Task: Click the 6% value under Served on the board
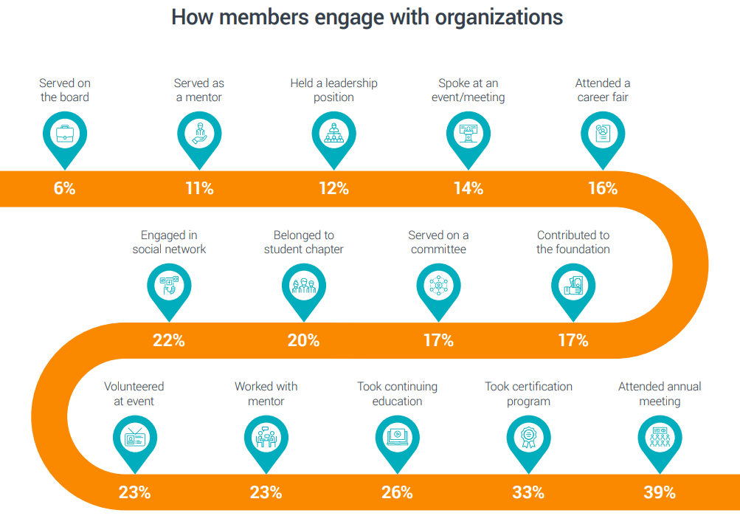[65, 188]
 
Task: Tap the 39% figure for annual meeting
[659, 492]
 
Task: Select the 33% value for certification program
[528, 492]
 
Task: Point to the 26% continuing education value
[397, 492]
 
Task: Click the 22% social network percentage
[169, 340]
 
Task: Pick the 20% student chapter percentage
[303, 340]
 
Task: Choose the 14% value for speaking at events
[468, 188]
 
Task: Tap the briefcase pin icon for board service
[65, 134]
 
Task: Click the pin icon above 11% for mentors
[199, 134]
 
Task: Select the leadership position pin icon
[333, 134]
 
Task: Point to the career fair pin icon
[603, 134]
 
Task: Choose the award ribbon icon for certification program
[528, 438]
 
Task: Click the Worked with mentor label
[266, 394]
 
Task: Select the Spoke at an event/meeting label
[468, 90]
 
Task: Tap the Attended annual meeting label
[660, 394]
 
